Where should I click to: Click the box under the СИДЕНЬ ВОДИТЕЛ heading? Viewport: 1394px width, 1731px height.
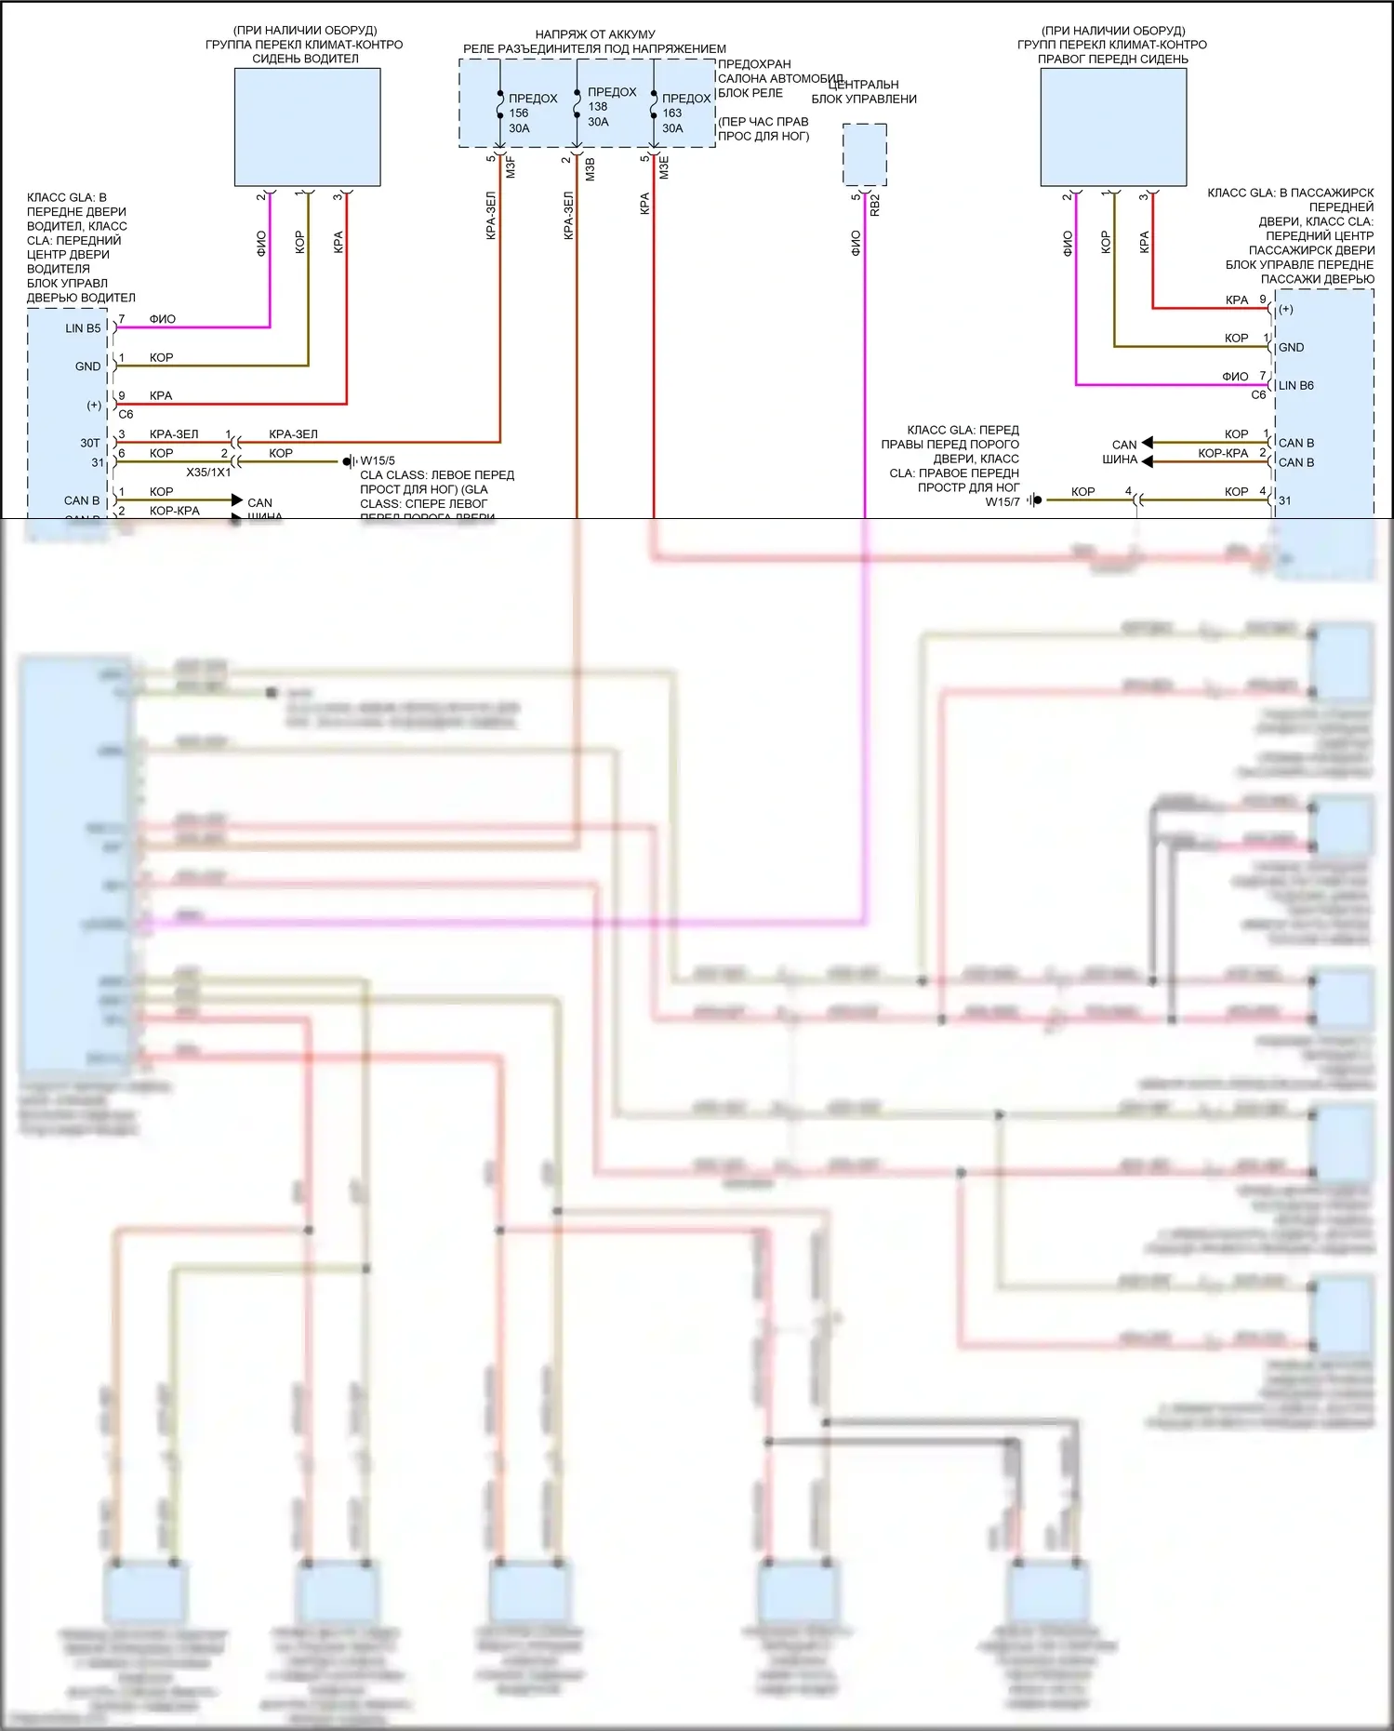pyautogui.click(x=307, y=127)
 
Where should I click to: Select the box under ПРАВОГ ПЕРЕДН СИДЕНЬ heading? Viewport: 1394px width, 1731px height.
pyautogui.click(x=1113, y=127)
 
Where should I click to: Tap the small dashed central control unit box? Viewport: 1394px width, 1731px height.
pyautogui.click(x=864, y=154)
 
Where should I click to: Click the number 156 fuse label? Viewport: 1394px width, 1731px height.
pyautogui.click(x=519, y=113)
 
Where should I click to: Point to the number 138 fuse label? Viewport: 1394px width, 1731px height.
pyautogui.click(x=598, y=107)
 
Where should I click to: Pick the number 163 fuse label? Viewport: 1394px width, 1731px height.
pyautogui.click(x=672, y=113)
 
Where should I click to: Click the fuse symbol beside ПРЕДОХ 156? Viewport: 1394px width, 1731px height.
pyautogui.click(x=500, y=104)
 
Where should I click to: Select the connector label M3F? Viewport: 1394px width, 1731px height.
pyautogui.click(x=511, y=168)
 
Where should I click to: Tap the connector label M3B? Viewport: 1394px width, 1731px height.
pyautogui.click(x=590, y=168)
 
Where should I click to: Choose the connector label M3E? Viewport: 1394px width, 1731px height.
pyautogui.click(x=664, y=168)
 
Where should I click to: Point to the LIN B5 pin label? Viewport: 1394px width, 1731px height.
pyautogui.click(x=83, y=328)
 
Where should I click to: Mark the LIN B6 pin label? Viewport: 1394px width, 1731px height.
pyautogui.click(x=1295, y=385)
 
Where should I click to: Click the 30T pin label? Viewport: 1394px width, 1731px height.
pyautogui.click(x=89, y=443)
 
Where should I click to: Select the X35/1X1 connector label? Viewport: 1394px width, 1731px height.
pyautogui.click(x=208, y=473)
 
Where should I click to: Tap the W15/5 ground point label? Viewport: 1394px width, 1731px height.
pyautogui.click(x=378, y=460)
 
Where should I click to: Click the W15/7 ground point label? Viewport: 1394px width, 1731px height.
pyautogui.click(x=1002, y=501)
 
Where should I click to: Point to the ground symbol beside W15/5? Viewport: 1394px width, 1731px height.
pyautogui.click(x=349, y=461)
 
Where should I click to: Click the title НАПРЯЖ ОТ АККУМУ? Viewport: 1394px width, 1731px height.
pyautogui.click(x=595, y=34)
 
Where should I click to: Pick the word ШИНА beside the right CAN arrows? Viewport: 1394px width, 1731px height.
pyautogui.click(x=1120, y=459)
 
